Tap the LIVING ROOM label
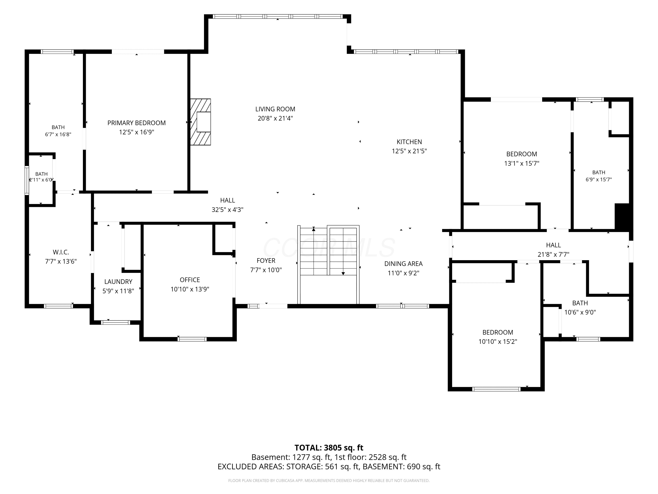click(x=275, y=109)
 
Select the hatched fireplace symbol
click(x=200, y=122)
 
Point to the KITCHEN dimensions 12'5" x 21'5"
click(x=409, y=151)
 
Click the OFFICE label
click(x=190, y=280)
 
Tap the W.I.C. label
click(x=61, y=252)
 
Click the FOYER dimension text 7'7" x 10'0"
click(x=266, y=270)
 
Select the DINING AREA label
click(x=403, y=264)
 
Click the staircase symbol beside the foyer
click(x=328, y=265)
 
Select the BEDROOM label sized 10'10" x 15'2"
click(x=498, y=333)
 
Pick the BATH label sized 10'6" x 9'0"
click(x=580, y=303)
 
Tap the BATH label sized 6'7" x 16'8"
click(x=58, y=127)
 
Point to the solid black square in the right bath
click(x=622, y=216)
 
